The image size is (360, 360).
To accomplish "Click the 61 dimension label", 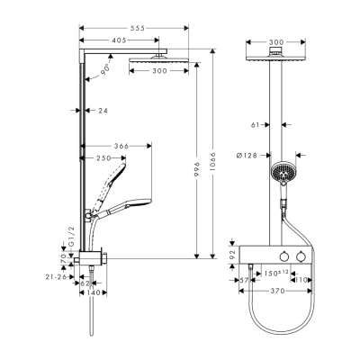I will tap(257, 127).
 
